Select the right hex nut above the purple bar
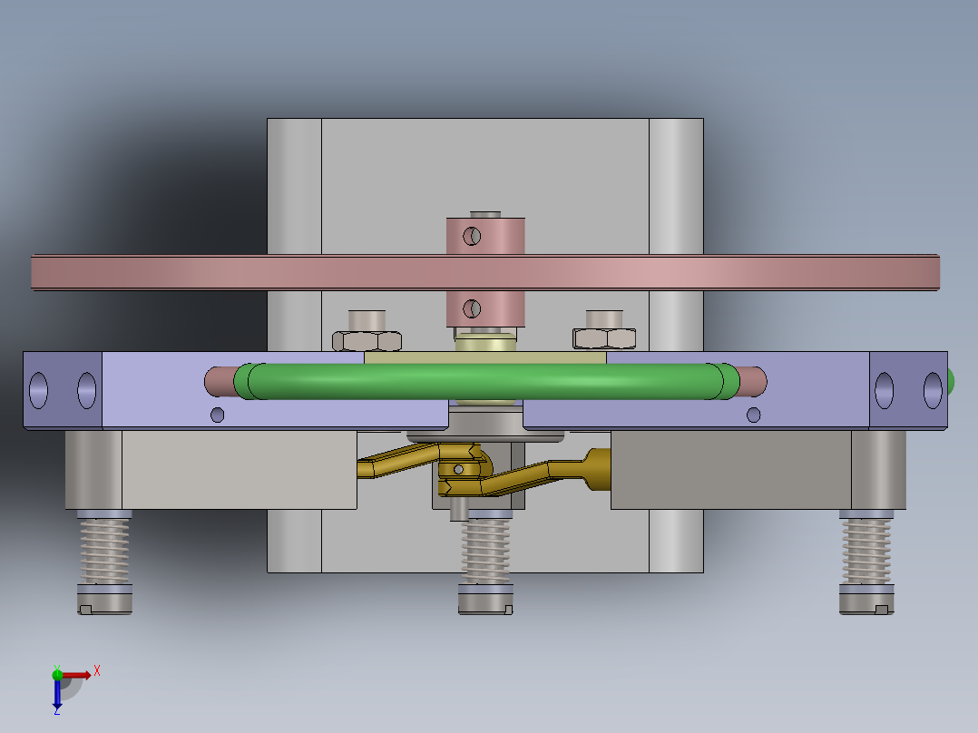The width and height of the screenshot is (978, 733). point(604,338)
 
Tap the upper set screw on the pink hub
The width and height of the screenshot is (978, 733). point(472,237)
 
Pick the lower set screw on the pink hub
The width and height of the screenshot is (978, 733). point(471,309)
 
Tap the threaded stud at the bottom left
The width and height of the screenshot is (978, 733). point(105,550)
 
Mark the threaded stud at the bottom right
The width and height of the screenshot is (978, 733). point(867,550)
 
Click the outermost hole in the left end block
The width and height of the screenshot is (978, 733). point(39,389)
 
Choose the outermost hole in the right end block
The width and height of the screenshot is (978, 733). point(934,389)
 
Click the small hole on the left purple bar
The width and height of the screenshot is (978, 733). point(217,415)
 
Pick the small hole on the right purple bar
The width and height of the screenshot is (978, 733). point(753,415)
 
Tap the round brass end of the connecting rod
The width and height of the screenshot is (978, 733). point(600,469)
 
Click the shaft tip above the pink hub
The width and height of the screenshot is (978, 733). point(486,214)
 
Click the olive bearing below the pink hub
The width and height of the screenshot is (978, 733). point(486,344)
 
